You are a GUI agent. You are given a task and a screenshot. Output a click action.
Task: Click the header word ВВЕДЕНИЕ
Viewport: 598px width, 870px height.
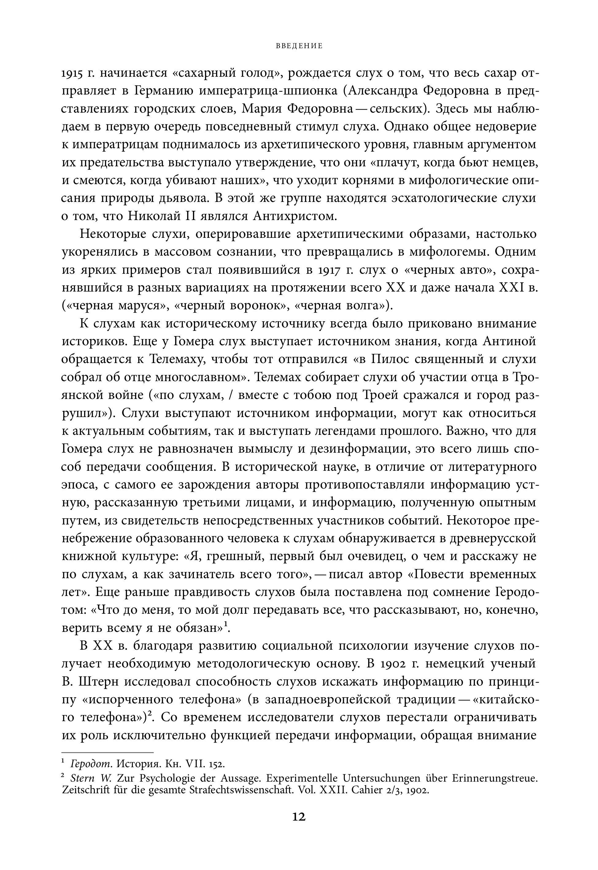click(x=299, y=46)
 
